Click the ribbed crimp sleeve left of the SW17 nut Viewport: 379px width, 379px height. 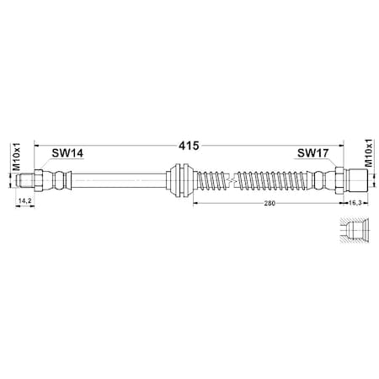(322, 179)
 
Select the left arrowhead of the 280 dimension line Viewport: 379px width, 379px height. (195, 203)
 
